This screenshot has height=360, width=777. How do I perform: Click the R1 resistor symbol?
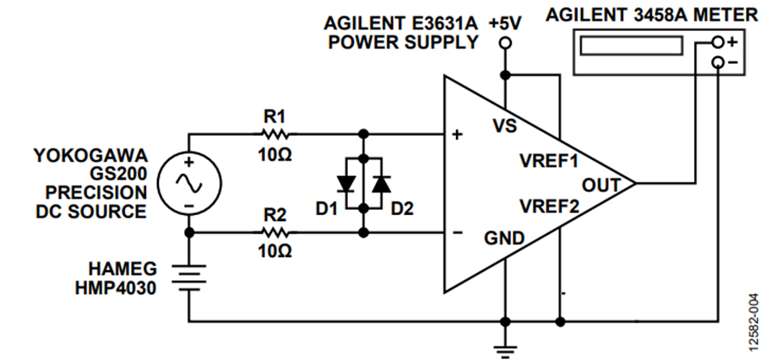[x=272, y=134]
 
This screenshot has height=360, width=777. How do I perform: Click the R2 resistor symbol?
[x=272, y=232]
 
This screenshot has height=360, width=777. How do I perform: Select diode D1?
[x=345, y=184]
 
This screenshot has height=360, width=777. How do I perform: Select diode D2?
[x=382, y=184]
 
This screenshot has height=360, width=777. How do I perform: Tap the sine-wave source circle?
[x=189, y=184]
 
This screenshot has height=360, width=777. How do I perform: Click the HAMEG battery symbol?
[x=189, y=277]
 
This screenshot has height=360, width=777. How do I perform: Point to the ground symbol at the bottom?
[x=505, y=349]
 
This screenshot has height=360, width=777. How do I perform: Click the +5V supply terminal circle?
[x=505, y=43]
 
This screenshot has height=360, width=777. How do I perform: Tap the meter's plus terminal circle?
[x=717, y=42]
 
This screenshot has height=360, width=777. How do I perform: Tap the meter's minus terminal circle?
[x=717, y=62]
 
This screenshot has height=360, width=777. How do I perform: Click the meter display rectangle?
[x=631, y=46]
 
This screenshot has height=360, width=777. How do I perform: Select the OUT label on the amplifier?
[x=601, y=186]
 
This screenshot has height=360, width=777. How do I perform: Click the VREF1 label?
[x=548, y=161]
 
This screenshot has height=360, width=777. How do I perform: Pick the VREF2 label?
[x=548, y=206]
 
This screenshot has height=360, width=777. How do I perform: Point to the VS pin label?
[x=505, y=126]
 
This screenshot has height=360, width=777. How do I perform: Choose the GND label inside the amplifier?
[x=504, y=238]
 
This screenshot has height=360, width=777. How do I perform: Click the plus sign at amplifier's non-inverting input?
[x=458, y=134]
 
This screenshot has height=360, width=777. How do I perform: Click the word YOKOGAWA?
[x=91, y=155]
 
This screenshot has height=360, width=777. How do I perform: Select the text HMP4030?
[x=116, y=287]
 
